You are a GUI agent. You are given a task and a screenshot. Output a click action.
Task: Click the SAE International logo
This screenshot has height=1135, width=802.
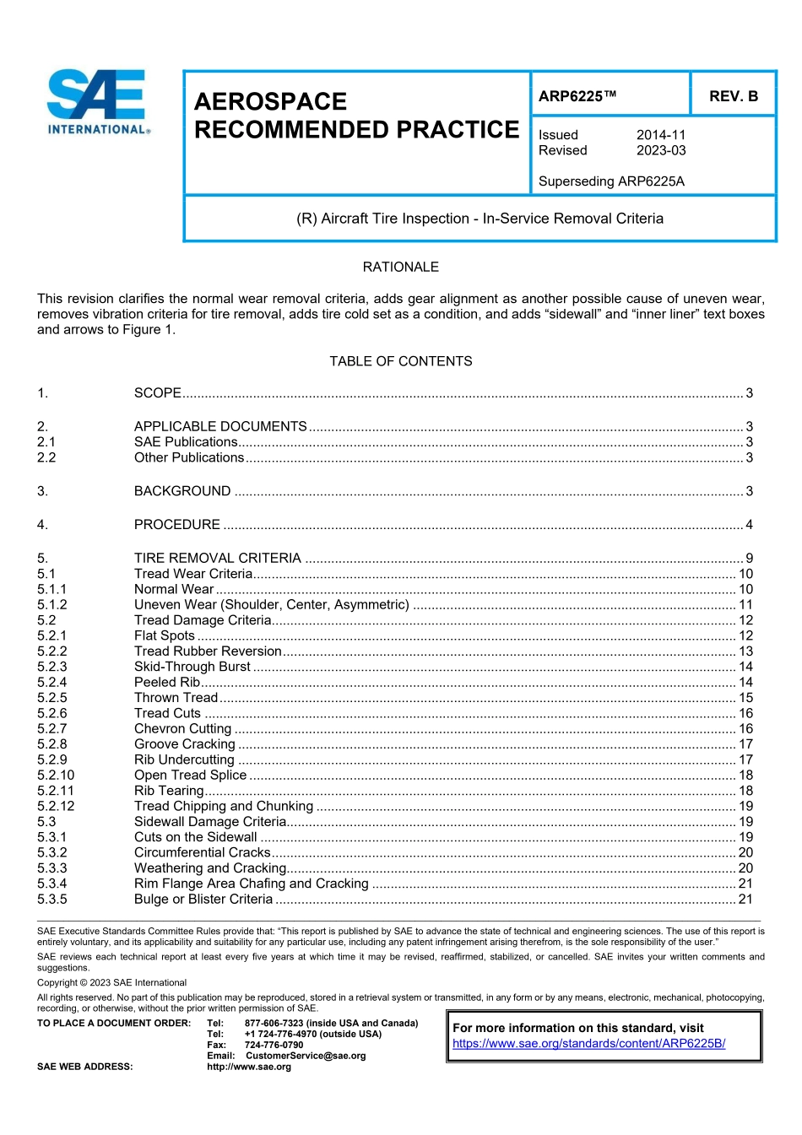click(98, 101)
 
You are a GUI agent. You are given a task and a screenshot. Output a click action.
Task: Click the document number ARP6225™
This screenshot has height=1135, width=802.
click(577, 96)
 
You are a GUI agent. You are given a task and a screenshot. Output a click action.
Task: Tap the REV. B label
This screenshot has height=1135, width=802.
click(733, 96)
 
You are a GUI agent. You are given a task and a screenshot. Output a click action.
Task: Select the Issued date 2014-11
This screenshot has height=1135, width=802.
click(661, 135)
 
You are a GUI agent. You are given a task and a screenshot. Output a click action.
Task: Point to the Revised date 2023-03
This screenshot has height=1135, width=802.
click(661, 151)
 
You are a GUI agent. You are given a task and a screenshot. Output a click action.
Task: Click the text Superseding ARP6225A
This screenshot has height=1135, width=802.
click(611, 181)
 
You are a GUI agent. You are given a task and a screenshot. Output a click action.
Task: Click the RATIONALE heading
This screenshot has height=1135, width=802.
click(400, 267)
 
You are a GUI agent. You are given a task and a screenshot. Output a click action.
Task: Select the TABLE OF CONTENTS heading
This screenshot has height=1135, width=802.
click(400, 361)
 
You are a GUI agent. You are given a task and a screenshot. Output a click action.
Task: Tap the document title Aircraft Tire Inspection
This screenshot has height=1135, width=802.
click(480, 219)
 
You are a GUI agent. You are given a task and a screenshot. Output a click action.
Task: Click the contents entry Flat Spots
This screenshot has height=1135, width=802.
click(165, 635)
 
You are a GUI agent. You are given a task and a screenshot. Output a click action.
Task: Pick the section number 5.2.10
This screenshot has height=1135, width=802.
click(56, 775)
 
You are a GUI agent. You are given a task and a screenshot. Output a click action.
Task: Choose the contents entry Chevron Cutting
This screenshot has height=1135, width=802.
click(182, 728)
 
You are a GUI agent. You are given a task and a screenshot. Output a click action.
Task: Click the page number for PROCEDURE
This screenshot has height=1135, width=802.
click(749, 525)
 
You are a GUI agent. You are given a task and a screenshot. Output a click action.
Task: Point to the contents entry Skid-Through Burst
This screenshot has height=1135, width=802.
click(192, 667)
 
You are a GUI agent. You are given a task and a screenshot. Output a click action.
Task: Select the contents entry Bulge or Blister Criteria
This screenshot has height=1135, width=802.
click(203, 899)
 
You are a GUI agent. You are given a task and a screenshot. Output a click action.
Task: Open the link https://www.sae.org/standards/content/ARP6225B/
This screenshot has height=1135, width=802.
click(588, 1043)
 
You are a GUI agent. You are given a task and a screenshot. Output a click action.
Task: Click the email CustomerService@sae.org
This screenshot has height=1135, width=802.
click(306, 1056)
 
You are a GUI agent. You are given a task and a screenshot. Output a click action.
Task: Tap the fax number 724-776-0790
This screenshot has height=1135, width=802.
click(274, 1045)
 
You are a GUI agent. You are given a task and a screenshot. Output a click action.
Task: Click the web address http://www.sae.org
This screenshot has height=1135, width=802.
click(249, 1067)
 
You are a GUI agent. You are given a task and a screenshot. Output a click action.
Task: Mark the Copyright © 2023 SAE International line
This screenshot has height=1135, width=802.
click(111, 982)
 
